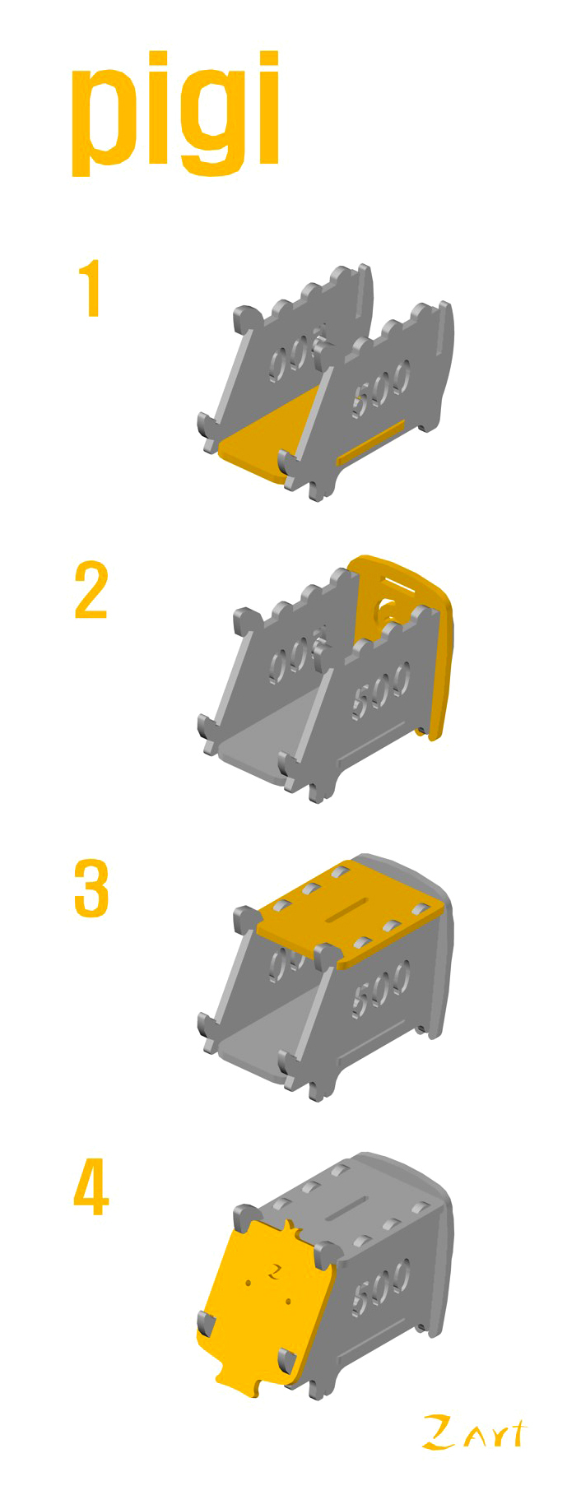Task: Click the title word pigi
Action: pos(175,114)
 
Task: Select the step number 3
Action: pos(91,889)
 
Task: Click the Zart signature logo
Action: pos(474,1432)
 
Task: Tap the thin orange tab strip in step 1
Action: pos(370,443)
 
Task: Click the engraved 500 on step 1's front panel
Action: pos(381,388)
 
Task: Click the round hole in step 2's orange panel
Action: pos(385,612)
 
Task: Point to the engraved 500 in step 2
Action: pos(381,690)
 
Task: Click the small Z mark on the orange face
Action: pos(275,1271)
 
